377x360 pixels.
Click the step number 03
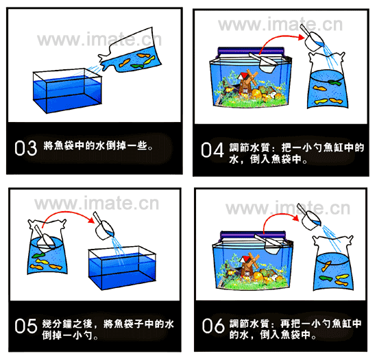26,148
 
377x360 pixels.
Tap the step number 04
212,150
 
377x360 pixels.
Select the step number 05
26,326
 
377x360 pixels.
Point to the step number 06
213,326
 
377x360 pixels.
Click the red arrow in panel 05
67,212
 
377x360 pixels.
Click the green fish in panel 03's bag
137,66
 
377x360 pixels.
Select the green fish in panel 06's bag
326,278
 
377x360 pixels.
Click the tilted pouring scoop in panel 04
312,38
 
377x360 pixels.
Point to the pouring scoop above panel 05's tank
104,227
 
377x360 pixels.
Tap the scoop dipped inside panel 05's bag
45,238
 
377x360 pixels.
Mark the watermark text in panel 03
99,39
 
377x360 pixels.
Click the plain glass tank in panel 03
67,91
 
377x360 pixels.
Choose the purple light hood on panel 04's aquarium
251,51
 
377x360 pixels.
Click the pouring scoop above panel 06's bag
308,217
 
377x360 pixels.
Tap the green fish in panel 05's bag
38,255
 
